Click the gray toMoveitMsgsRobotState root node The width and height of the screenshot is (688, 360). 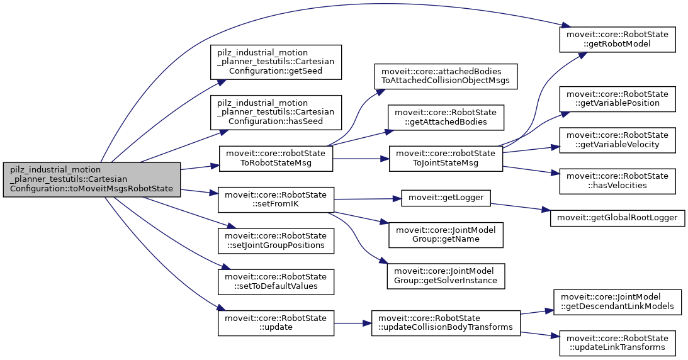click(x=92, y=179)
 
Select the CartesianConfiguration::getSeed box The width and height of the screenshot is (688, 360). click(x=276, y=62)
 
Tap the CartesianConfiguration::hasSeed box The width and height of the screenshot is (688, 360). click(x=276, y=113)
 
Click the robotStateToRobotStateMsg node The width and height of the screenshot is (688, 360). click(x=275, y=159)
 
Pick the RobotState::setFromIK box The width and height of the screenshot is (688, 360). click(x=275, y=200)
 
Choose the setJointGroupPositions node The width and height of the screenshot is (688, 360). click(x=275, y=240)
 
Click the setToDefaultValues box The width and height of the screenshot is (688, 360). click(x=275, y=281)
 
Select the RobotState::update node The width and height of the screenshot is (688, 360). click(x=275, y=323)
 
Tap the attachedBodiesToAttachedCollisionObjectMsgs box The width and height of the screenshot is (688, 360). click(x=446, y=76)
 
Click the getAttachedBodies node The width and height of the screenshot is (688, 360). click(x=446, y=117)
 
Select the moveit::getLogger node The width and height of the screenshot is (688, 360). click(x=446, y=198)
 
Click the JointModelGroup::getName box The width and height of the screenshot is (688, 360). click(x=446, y=235)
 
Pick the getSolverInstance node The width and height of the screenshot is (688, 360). click(x=446, y=275)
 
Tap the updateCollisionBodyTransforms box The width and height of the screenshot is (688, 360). click(x=446, y=323)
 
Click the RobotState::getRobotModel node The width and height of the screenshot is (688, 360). click(x=618, y=39)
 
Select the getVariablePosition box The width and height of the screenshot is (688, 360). click(x=618, y=98)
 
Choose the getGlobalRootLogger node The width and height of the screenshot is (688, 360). click(x=618, y=217)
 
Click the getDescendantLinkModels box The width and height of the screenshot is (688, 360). click(x=618, y=301)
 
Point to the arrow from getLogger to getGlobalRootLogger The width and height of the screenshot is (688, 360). click(x=520, y=211)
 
